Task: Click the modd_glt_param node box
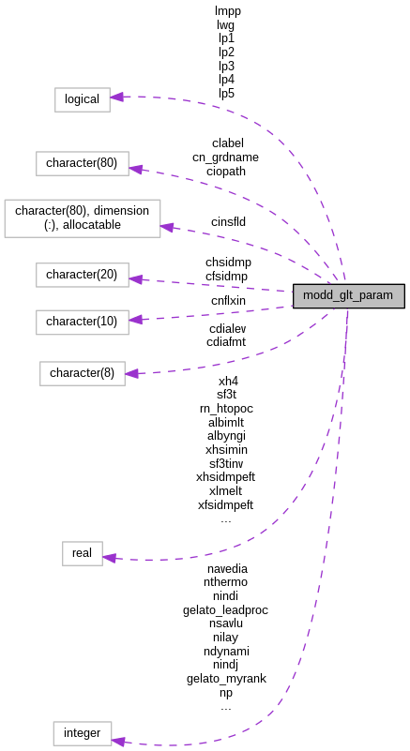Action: point(348,295)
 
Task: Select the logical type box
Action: point(82,98)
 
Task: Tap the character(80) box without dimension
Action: point(82,163)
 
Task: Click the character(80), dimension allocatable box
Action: point(83,218)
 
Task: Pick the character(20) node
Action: point(82,275)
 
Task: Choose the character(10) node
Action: point(82,322)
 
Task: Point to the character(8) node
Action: point(82,373)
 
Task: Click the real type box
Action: point(82,553)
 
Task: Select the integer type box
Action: point(82,733)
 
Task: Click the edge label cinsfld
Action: point(228,222)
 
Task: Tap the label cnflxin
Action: point(228,301)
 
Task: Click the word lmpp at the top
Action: point(226,11)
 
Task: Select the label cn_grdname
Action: point(225,158)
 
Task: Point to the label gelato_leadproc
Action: point(225,610)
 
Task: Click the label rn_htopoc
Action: point(226,409)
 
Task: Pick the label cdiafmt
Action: point(226,342)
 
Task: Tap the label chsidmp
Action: point(228,263)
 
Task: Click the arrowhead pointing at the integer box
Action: point(118,741)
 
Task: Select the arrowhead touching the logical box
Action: point(117,96)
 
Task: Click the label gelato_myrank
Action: point(225,679)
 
